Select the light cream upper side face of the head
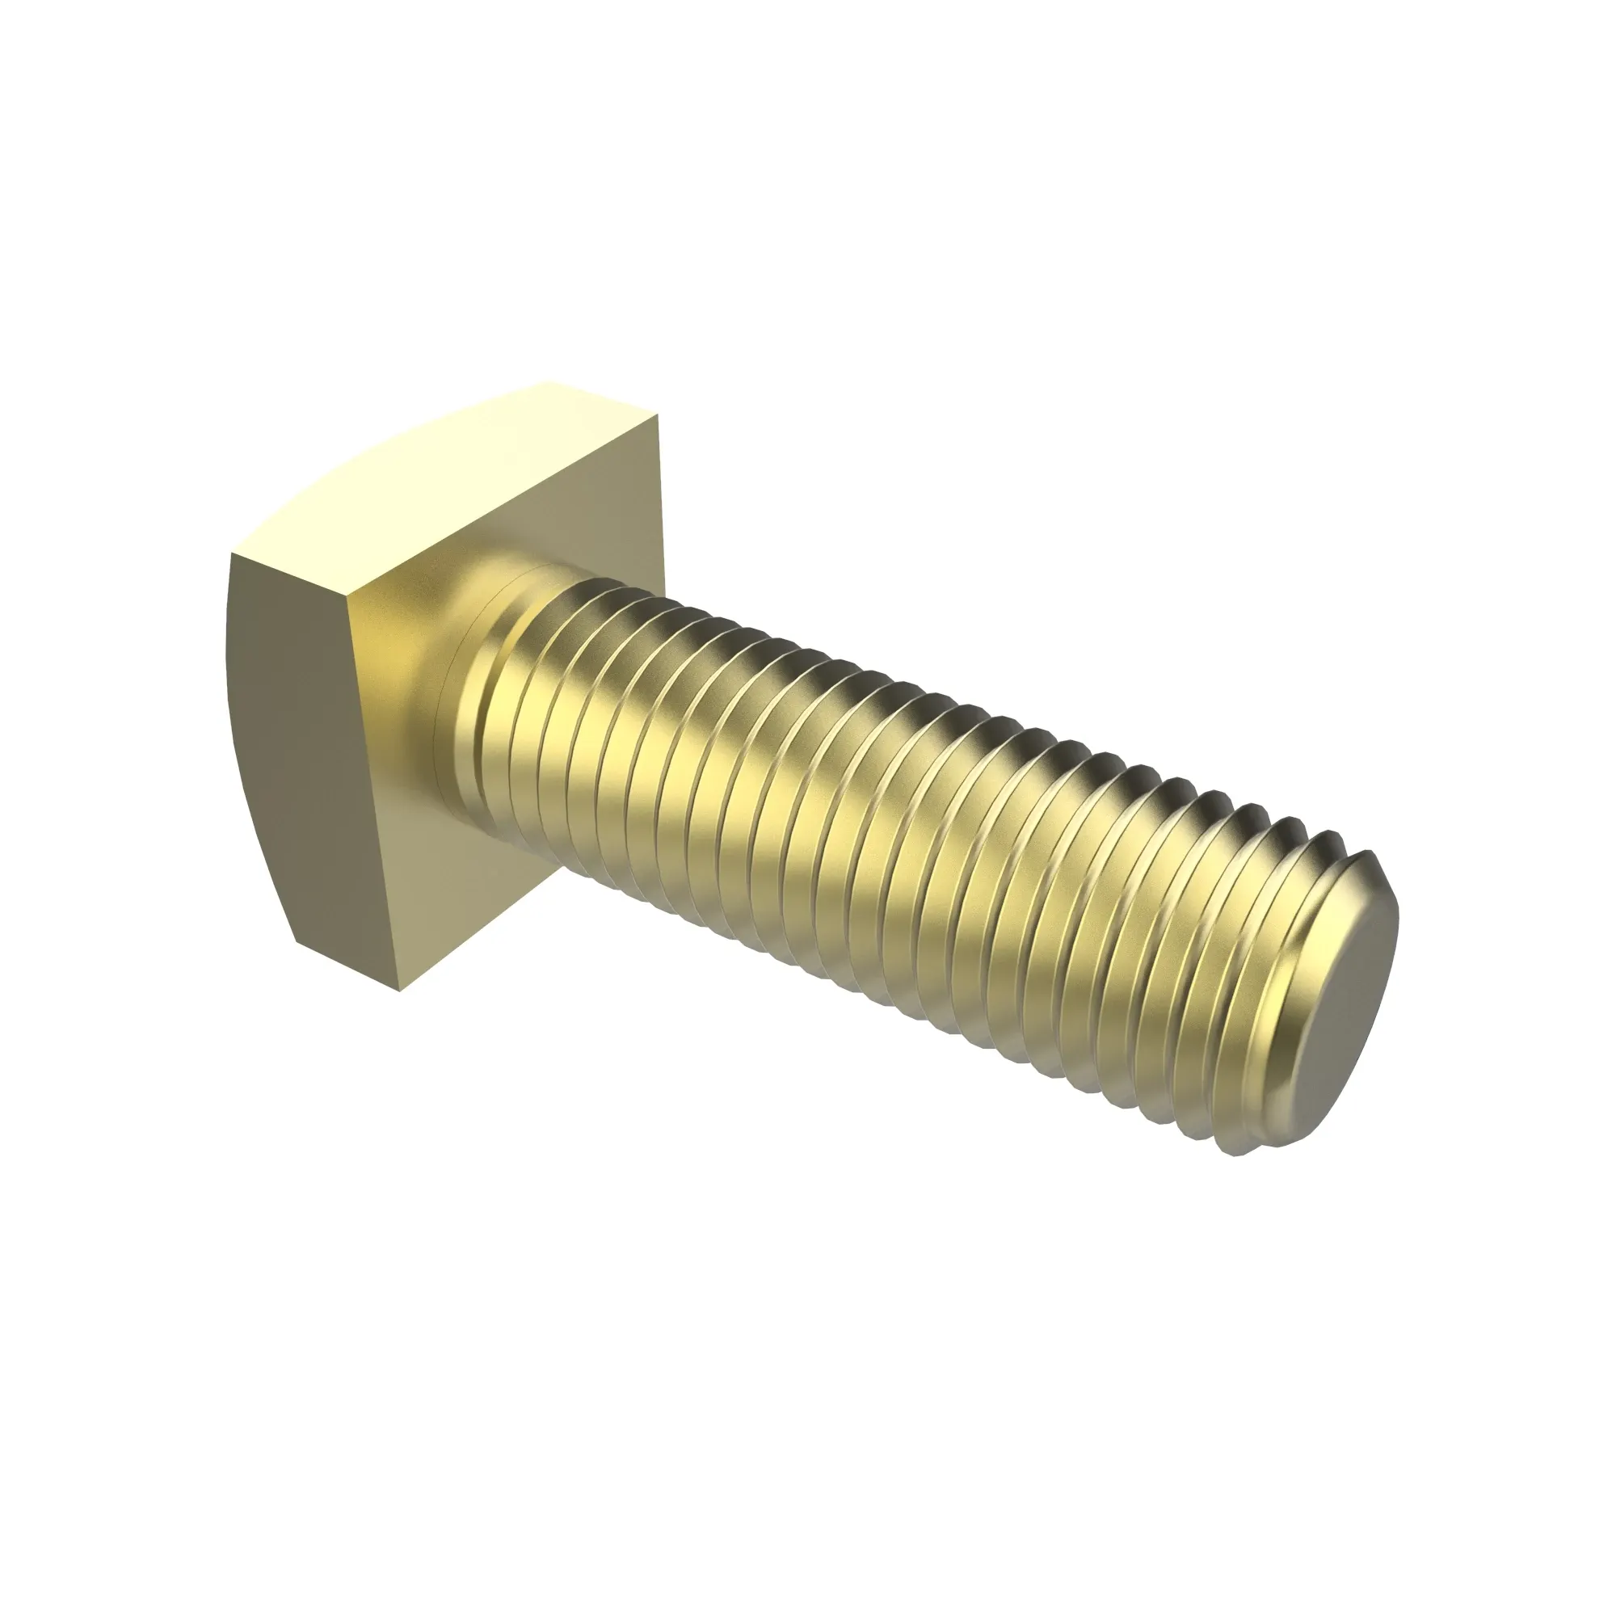point(452,485)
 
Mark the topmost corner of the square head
point(550,383)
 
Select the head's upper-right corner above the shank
point(659,415)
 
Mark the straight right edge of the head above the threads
point(660,502)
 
